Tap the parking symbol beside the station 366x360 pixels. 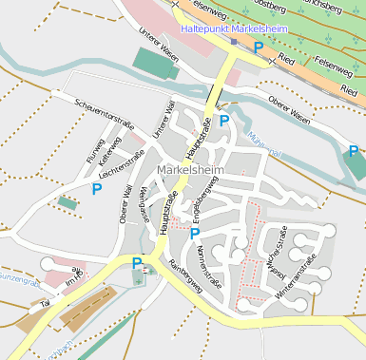259,47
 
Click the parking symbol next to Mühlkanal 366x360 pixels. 224,120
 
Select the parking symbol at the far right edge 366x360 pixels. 354,151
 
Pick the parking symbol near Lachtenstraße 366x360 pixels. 97,189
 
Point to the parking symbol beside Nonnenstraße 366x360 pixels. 195,233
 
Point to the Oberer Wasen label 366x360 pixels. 289,109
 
